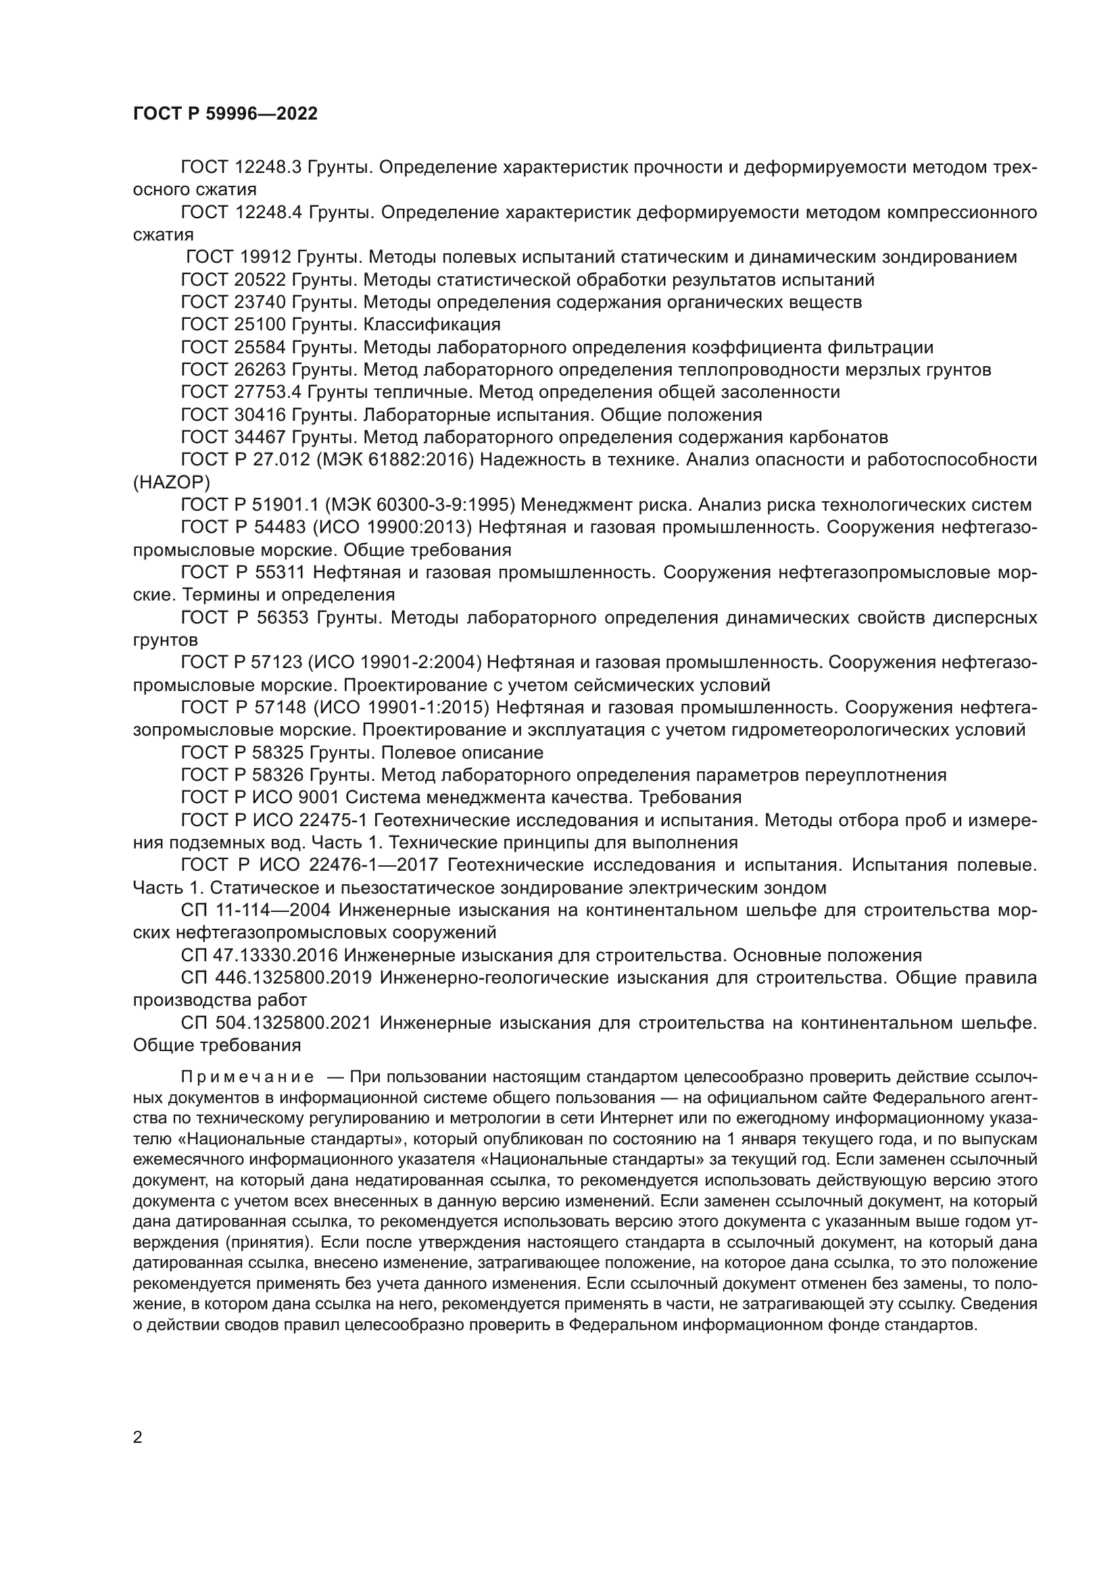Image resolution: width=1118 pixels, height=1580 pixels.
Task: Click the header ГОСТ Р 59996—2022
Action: [x=225, y=114]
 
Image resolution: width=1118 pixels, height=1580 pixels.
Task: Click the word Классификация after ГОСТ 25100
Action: [x=432, y=325]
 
